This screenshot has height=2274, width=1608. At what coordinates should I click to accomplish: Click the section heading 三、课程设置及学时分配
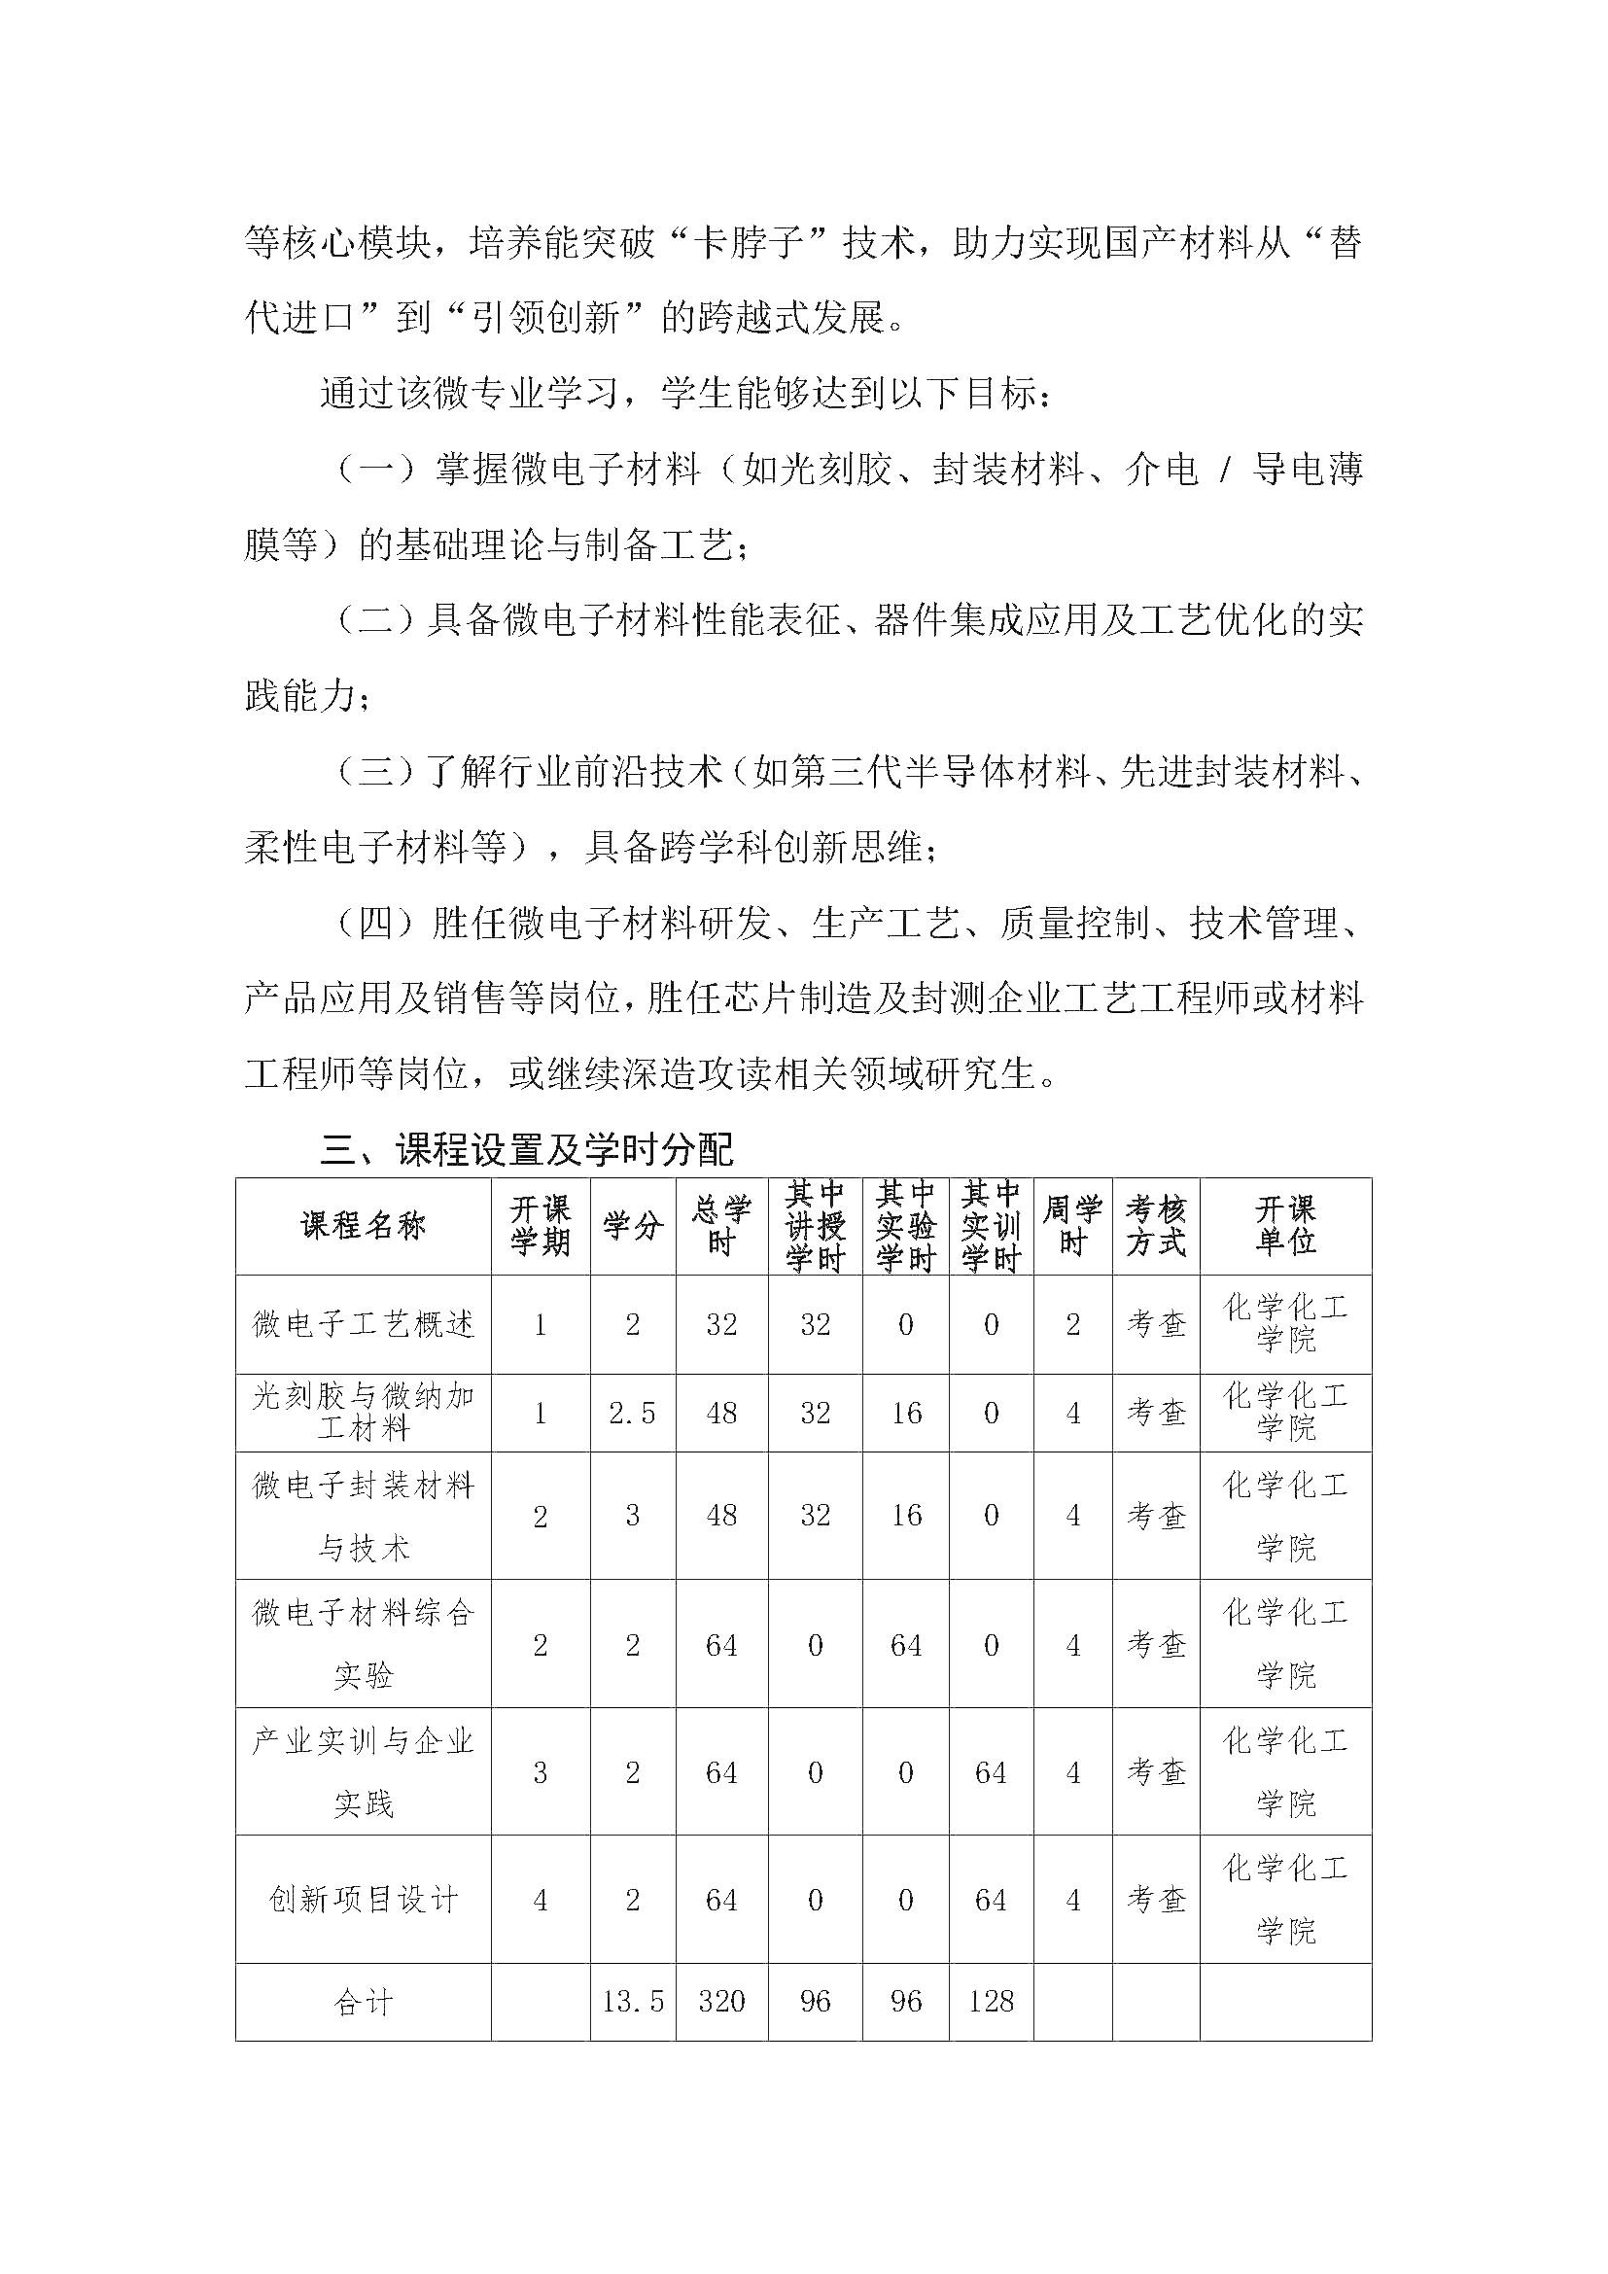click(x=526, y=1150)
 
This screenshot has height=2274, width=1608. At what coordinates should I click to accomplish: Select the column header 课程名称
click(x=364, y=1226)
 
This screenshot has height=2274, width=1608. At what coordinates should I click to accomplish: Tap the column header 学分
click(x=633, y=1226)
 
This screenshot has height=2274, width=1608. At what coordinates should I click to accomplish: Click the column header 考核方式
click(x=1156, y=1226)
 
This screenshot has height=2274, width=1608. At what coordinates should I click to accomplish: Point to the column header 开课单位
click(x=1285, y=1226)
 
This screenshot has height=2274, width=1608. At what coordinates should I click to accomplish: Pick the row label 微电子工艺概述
click(x=364, y=1324)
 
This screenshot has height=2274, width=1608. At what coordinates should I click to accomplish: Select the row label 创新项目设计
click(x=364, y=1900)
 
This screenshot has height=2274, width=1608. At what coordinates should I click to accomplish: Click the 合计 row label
click(x=364, y=2002)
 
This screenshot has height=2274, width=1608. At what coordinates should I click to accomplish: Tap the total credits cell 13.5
click(x=633, y=2002)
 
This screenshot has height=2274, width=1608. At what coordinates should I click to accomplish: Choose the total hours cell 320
click(x=720, y=2002)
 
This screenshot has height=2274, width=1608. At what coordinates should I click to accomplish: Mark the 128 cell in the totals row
click(x=991, y=2002)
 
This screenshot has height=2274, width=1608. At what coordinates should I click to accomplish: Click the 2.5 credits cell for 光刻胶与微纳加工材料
click(x=633, y=1414)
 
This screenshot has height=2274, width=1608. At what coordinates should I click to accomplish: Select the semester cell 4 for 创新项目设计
click(x=541, y=1900)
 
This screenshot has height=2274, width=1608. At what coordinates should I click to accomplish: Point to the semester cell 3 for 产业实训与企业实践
click(x=541, y=1773)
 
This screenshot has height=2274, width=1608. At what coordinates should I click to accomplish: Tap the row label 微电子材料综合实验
click(x=364, y=1644)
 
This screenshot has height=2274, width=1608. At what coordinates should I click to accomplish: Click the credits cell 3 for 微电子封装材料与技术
click(x=633, y=1516)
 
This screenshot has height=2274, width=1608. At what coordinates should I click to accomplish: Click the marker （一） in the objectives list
click(x=375, y=469)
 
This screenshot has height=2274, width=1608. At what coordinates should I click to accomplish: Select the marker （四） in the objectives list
click(x=375, y=923)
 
